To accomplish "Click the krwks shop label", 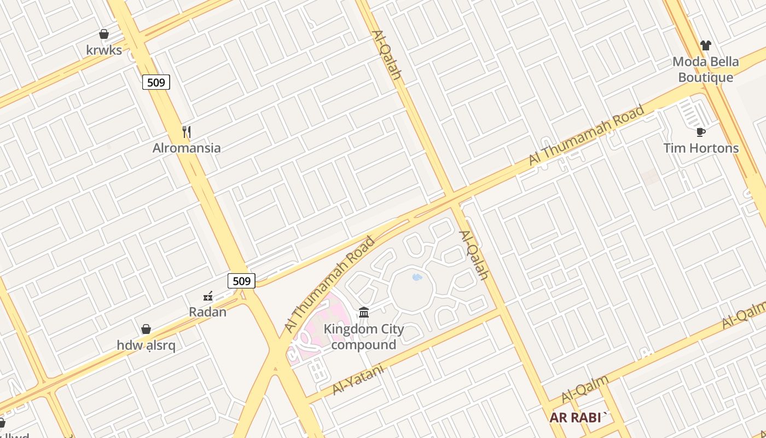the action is click(104, 50).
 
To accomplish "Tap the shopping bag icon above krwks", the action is click(104, 34).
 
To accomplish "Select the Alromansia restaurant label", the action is click(187, 148).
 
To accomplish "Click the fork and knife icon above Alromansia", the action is click(187, 132).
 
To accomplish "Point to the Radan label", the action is click(207, 312).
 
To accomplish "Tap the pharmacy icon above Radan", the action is click(208, 296).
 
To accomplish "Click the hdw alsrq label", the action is click(146, 345).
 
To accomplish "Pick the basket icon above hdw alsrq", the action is click(146, 329).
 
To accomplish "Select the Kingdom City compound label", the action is click(364, 337).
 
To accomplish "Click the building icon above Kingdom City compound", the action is click(364, 313).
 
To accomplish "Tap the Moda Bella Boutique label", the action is click(706, 70).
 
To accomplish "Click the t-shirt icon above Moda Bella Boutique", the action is click(706, 45).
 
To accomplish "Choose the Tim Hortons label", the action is click(701, 148).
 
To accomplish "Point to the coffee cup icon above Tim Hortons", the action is click(701, 132).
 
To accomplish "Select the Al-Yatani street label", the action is click(358, 380).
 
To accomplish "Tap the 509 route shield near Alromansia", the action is click(156, 83).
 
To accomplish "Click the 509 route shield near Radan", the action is click(241, 281).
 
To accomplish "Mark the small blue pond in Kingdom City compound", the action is click(417, 277).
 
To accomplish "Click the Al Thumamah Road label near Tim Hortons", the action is click(587, 135).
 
